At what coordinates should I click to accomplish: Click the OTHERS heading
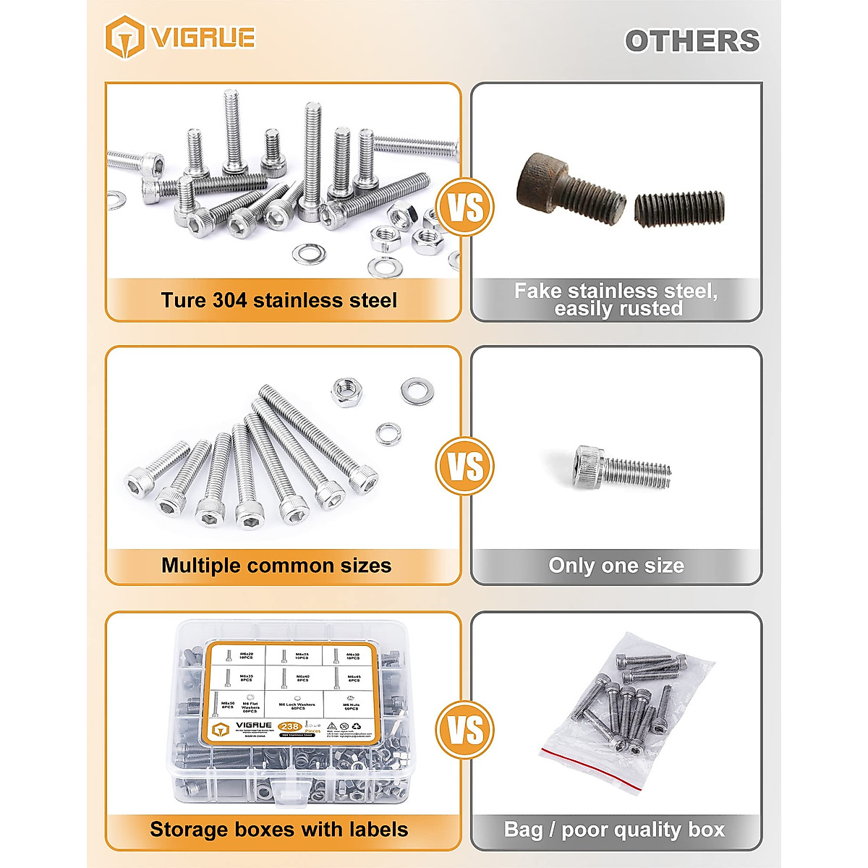tap(692, 41)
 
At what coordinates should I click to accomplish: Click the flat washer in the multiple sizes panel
tap(417, 391)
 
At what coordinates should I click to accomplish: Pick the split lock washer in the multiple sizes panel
tap(388, 434)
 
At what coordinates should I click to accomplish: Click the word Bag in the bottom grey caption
tap(523, 830)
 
